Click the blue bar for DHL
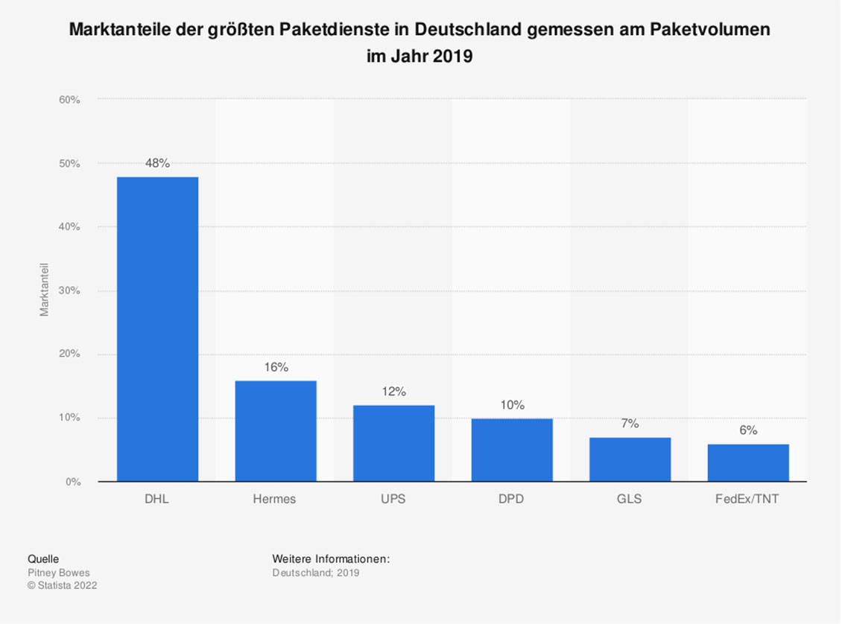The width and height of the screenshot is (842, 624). [157, 329]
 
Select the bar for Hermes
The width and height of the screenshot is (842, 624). [276, 431]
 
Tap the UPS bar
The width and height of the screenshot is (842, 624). [393, 443]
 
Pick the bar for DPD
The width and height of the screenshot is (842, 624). [512, 450]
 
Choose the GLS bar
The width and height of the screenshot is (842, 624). [630, 459]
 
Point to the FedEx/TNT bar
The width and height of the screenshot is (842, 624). [748, 462]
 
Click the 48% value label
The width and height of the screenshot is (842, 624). [157, 164]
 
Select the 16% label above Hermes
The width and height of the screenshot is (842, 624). [276, 367]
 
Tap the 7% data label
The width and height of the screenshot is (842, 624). [630, 424]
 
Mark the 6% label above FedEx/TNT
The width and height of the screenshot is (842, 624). [748, 430]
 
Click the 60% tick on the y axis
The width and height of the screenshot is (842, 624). [69, 100]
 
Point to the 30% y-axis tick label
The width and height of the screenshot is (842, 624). [69, 291]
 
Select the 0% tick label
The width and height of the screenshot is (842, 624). [72, 483]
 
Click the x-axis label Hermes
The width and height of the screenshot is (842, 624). [275, 500]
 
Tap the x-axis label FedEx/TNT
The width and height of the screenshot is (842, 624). [747, 500]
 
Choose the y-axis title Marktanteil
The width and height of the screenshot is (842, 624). [45, 290]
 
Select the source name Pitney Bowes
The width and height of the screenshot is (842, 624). [58, 573]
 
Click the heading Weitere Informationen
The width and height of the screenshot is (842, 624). [331, 559]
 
